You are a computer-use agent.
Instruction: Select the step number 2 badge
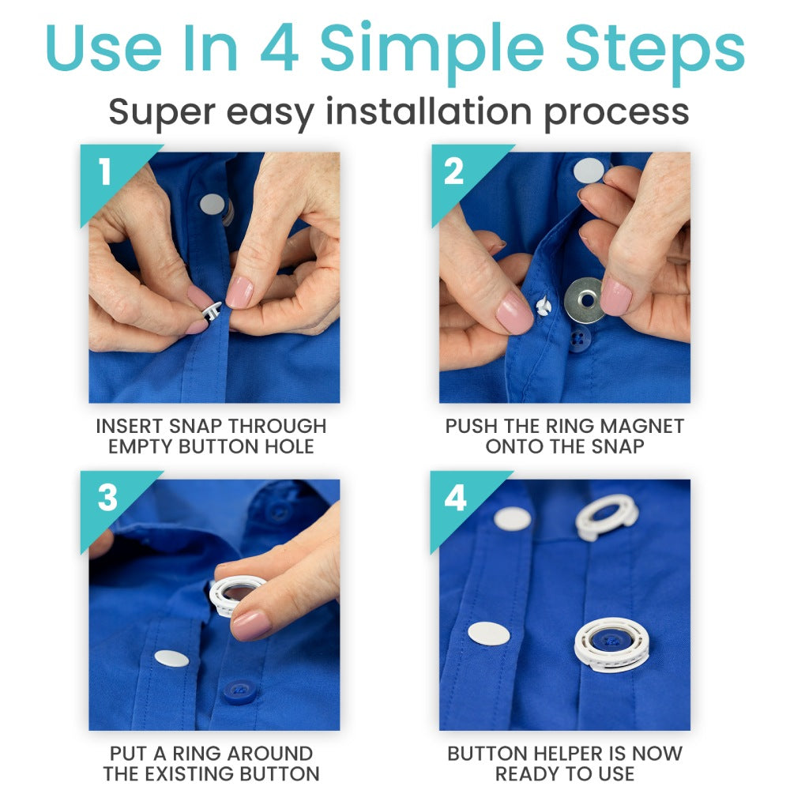(x=453, y=173)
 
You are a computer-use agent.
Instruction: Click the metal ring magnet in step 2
(x=585, y=300)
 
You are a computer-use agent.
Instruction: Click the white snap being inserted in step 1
(x=211, y=310)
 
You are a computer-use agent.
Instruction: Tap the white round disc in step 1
(x=212, y=205)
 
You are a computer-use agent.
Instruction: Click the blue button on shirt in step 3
(x=239, y=691)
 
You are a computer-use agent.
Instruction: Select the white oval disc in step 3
(x=171, y=658)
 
